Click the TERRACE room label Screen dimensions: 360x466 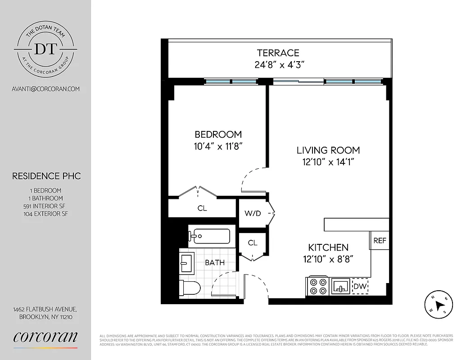click(x=278, y=53)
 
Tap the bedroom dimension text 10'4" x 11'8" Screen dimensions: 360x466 click(x=219, y=146)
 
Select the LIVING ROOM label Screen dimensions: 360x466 click(x=328, y=150)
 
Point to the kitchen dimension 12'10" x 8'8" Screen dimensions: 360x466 click(x=328, y=259)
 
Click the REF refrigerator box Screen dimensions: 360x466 click(x=380, y=241)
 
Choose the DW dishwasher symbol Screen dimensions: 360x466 click(x=360, y=286)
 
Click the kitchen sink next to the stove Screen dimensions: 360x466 click(x=341, y=286)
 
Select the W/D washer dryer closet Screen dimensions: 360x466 click(x=253, y=213)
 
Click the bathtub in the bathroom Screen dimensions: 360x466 click(x=210, y=236)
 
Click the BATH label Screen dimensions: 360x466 click(x=215, y=262)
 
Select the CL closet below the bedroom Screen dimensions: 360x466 click(x=202, y=208)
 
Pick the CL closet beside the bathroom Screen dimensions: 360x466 click(x=253, y=243)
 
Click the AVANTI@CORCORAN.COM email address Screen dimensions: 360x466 click(x=45, y=89)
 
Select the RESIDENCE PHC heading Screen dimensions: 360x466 click(x=46, y=176)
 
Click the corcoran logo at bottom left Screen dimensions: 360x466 click(x=45, y=337)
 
